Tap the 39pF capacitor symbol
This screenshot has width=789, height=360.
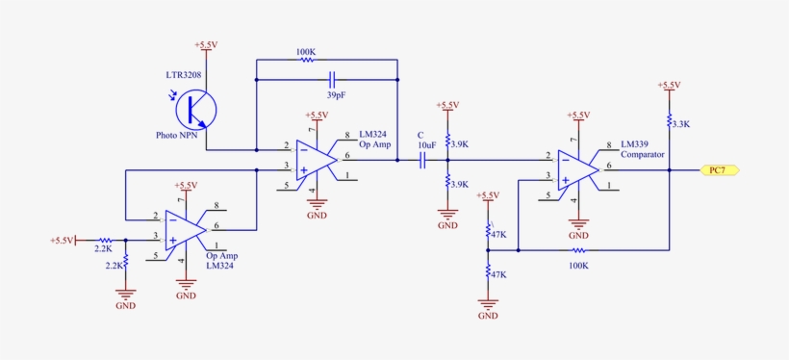point(332,80)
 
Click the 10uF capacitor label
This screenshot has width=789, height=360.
point(425,144)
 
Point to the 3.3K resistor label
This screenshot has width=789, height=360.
point(680,124)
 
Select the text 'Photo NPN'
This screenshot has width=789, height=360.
point(178,136)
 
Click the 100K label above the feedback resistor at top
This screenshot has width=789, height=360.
point(306,50)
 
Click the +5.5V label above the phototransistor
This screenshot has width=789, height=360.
point(206,45)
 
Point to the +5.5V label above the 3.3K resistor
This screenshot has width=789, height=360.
point(669,85)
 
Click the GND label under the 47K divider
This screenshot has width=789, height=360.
point(488,315)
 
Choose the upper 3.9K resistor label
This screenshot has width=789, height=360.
point(459,144)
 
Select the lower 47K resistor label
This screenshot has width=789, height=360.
point(498,274)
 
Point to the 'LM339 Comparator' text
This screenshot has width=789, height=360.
point(643,148)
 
